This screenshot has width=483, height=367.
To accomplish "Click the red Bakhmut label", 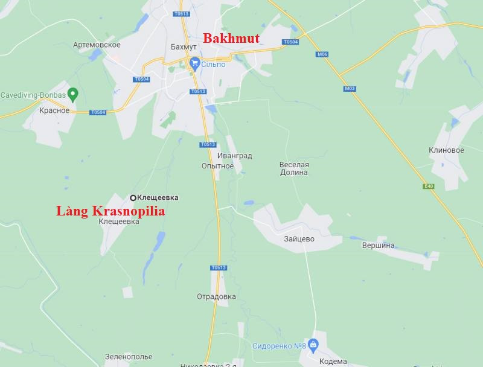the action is click(x=231, y=39).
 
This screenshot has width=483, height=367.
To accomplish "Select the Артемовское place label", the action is click(x=97, y=45).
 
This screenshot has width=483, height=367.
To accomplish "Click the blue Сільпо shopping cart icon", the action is click(x=194, y=62).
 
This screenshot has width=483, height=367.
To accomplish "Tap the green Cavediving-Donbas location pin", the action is click(x=73, y=94).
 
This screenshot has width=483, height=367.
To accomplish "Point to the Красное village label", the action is click(x=54, y=110).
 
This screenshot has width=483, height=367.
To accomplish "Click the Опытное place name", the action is click(x=217, y=166).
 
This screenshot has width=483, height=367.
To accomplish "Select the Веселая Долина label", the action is click(x=294, y=168).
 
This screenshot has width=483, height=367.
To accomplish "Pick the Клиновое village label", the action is click(x=446, y=150).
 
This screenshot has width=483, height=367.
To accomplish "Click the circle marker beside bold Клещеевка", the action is click(x=133, y=197).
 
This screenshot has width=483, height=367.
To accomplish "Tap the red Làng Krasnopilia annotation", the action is click(x=110, y=211).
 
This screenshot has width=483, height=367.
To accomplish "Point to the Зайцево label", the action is click(x=299, y=238).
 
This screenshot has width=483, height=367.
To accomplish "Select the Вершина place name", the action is click(x=378, y=245).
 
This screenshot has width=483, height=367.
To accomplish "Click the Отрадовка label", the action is click(x=216, y=296).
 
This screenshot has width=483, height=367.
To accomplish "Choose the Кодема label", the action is click(x=334, y=361).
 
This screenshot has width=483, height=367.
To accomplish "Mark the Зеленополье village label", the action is click(x=129, y=357).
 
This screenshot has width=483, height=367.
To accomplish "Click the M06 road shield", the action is click(x=322, y=54).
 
